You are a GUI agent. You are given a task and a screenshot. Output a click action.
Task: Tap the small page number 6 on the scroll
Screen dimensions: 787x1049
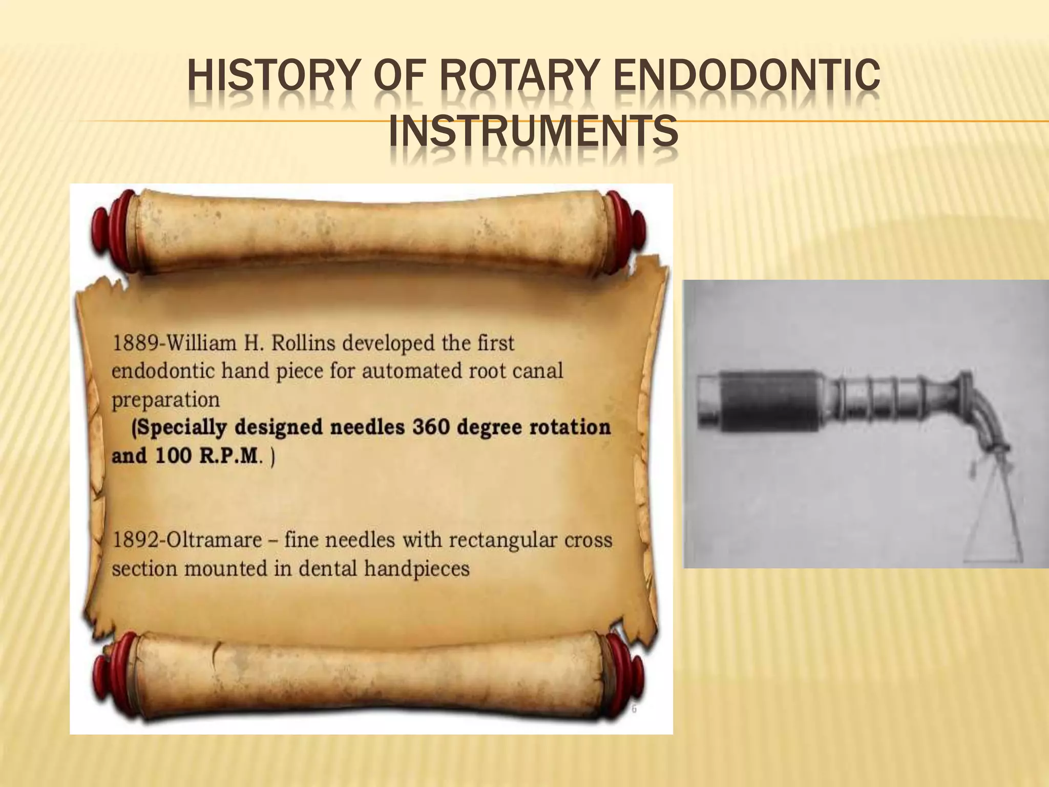[x=634, y=710]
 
